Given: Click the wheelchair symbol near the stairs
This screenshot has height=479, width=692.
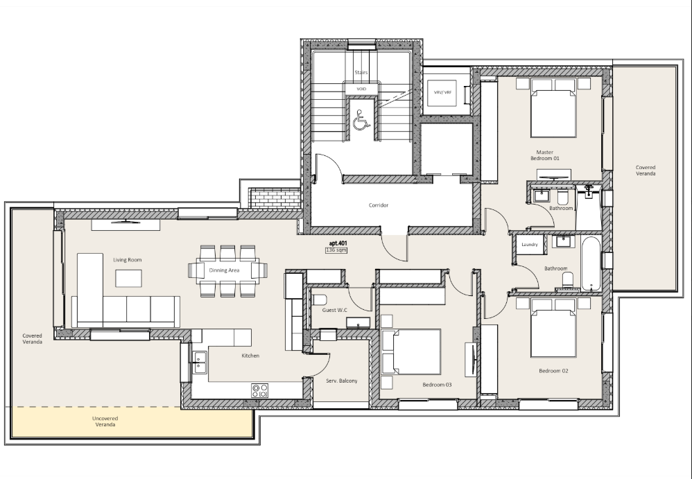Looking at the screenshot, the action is pos(361,121).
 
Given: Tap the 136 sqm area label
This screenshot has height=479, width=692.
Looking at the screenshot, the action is pos(336,250).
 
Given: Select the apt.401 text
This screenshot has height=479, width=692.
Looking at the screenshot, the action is pos(338,243).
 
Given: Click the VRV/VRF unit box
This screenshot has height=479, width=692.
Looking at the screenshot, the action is pos(442,93).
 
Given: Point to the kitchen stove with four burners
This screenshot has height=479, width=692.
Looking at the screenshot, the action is pos(259,390).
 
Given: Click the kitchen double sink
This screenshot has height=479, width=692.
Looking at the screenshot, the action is pos(200,362).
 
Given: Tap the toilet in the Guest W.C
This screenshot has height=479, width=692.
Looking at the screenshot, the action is pos(319,300).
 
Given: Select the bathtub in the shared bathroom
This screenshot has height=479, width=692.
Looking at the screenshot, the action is pos(591,263).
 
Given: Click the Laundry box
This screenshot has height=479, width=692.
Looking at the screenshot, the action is pos(530,244).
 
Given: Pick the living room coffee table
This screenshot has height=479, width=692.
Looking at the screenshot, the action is pos(128,278).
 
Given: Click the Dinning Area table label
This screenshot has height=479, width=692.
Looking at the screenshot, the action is pos(224,270).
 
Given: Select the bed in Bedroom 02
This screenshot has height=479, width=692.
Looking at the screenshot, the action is pos(553,328).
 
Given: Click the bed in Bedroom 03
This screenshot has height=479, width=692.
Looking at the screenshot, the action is pos(411,351).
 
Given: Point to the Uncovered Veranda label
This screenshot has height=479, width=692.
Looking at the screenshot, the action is pos(105,421).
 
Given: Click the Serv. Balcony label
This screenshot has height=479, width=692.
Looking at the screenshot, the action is pos(342,381).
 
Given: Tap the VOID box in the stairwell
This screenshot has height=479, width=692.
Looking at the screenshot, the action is pos(361,89).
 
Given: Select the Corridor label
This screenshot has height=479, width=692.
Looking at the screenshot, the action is pos(379,205).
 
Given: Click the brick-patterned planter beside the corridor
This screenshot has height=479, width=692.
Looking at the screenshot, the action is pos(274,198).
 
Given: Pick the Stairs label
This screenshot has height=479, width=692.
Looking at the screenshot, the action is pos(361,72).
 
